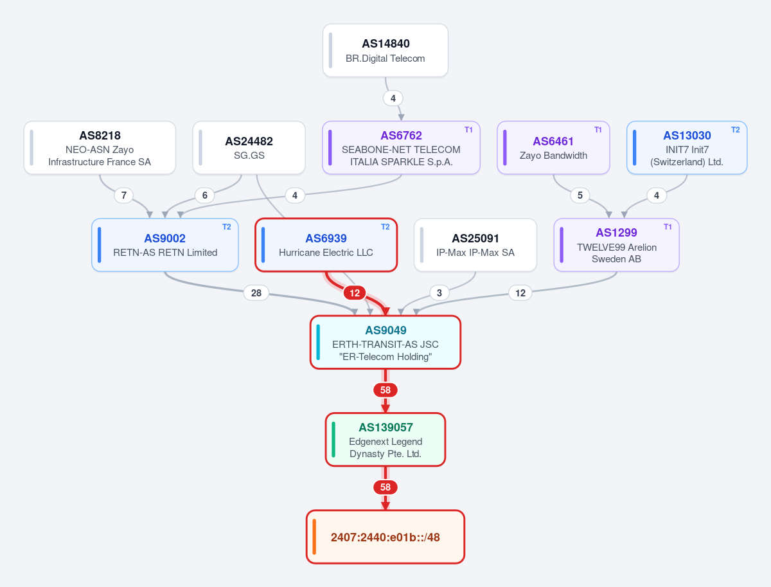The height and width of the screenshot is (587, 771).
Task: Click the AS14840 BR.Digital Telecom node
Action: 385,50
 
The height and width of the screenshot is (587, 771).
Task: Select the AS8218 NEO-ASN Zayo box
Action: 100,148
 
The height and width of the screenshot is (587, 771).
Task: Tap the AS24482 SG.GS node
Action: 249,148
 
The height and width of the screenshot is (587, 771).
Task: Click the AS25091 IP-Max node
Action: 475,245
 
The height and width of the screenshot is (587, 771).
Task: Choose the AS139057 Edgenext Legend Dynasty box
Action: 385,440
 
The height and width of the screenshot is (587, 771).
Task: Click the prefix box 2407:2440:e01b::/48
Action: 385,537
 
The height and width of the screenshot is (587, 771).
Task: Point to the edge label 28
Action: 256,293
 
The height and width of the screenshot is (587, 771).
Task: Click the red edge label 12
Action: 355,293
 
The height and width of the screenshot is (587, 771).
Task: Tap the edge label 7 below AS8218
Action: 123,195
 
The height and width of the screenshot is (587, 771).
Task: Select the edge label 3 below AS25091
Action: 439,293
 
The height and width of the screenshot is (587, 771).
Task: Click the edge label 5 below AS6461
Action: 580,195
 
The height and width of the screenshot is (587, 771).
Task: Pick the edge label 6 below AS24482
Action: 205,195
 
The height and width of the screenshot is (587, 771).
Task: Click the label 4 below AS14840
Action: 393,98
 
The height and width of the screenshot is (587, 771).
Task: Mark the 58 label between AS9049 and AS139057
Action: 385,390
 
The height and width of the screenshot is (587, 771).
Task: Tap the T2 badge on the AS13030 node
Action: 735,130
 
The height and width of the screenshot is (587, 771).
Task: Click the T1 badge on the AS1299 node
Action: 668,227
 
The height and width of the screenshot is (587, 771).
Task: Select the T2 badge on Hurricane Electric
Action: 385,227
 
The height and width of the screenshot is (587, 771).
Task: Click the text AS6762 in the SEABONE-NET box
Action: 401,135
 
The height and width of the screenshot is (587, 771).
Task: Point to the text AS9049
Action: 385,330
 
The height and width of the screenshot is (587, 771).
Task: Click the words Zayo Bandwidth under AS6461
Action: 553,156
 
